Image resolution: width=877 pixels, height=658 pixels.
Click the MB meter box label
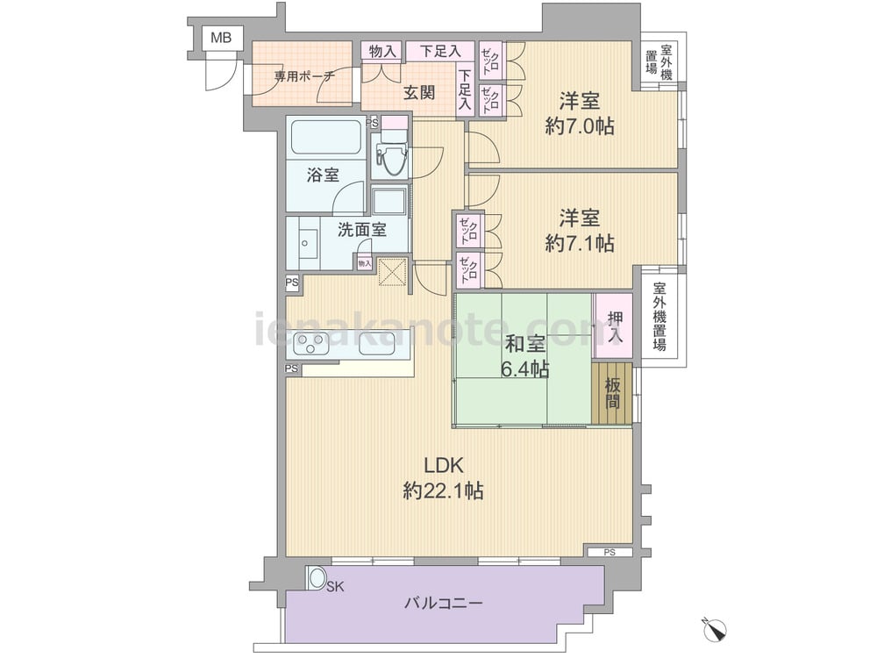[x=219, y=38]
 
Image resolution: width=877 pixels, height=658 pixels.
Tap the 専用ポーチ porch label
[x=303, y=76]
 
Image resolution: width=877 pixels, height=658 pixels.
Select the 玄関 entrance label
[x=418, y=92]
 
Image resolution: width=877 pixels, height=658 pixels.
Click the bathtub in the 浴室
[x=325, y=137]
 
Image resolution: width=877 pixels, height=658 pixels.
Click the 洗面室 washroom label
[x=362, y=230]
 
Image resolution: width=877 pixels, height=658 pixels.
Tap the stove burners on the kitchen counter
[x=310, y=343]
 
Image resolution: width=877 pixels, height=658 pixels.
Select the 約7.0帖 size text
[x=579, y=126]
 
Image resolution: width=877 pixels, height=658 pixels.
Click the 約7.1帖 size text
[x=579, y=243]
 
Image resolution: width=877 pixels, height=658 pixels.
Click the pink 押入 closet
[x=613, y=325]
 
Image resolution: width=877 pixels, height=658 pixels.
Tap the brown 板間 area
[x=612, y=393]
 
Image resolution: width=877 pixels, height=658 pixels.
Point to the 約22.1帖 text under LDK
[x=443, y=491]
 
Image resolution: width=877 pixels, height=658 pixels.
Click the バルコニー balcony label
[x=443, y=604]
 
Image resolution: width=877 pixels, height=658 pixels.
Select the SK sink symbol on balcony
[x=317, y=578]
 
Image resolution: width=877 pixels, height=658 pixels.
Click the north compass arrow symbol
[x=717, y=628]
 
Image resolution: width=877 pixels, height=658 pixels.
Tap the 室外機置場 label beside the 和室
[x=659, y=317]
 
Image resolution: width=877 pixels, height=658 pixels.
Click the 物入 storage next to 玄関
[x=382, y=52]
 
